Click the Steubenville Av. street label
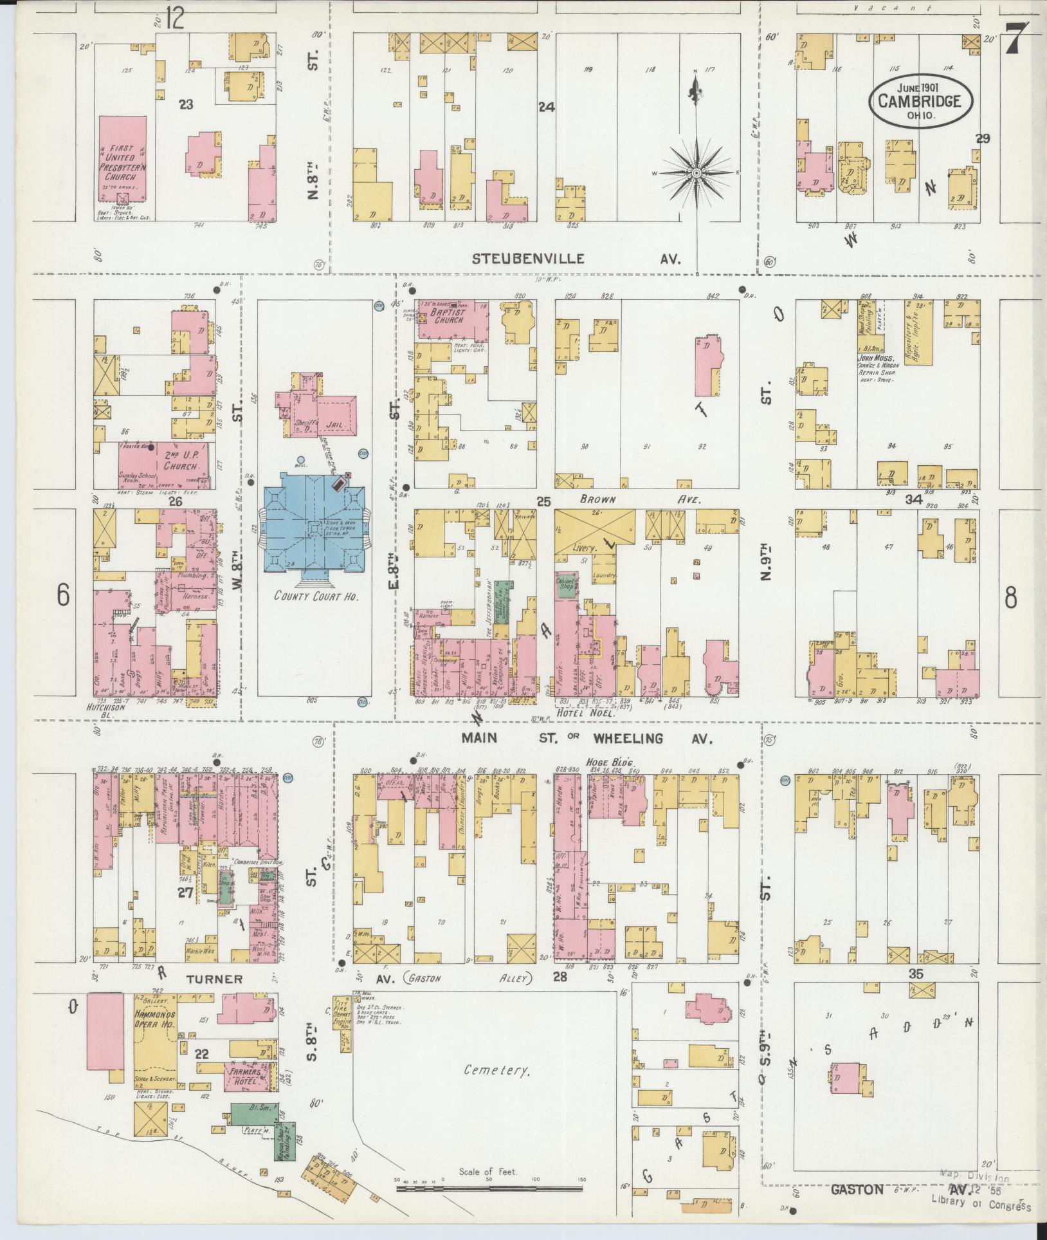click(529, 259)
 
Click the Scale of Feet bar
click(489, 1189)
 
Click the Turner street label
click(215, 997)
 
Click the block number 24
click(546, 107)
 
